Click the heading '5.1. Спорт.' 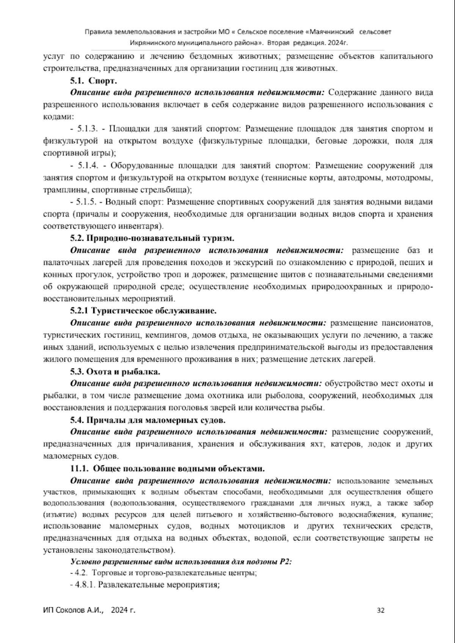click(93, 81)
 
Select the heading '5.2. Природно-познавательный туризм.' click(152, 238)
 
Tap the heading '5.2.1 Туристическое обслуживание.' click(143, 311)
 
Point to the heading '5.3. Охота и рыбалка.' click(115, 372)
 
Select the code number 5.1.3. click(88, 129)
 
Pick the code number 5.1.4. click(88, 166)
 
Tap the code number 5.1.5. click(88, 202)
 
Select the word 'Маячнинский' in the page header click(332, 32)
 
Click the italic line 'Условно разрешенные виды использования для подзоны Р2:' click(181, 562)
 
